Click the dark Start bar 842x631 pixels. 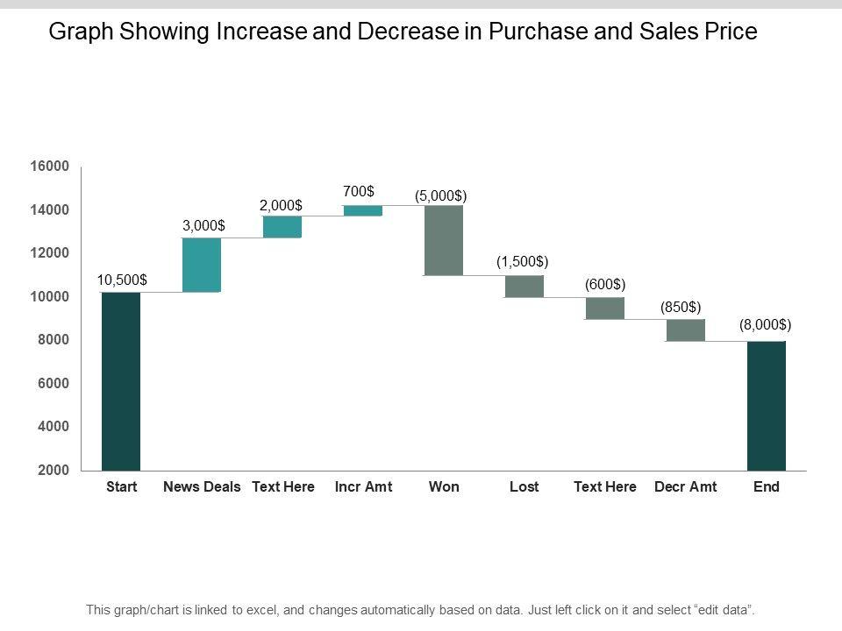pos(121,381)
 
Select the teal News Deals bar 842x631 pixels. pos(202,265)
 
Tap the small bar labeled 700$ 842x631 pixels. pos(363,210)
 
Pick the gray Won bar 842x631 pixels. pos(444,240)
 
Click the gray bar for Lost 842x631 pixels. pos(524,287)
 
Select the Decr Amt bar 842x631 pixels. pos(686,330)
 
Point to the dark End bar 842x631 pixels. pos(767,405)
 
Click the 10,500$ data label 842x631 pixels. pos(122,280)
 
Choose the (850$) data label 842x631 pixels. pos(681,307)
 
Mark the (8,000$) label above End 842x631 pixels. pos(765,324)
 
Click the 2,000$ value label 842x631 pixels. pos(281,204)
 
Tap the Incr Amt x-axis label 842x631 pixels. pos(363,486)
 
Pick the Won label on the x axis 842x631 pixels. pos(444,486)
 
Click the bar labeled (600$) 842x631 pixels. pos(605,308)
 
